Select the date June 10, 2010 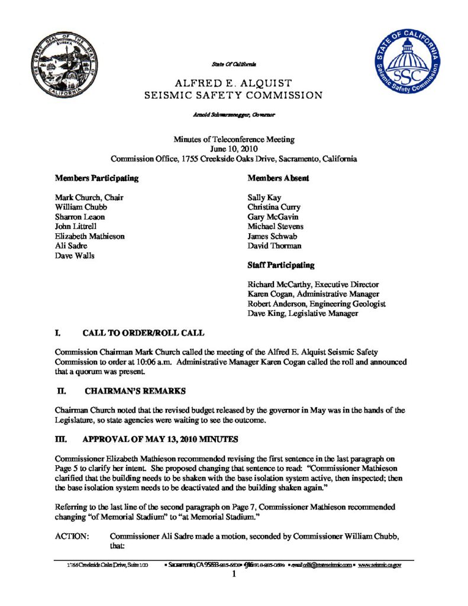pos(234,149)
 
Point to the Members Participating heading pos(97,178)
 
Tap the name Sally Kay pos(264,197)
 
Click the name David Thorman pos(275,245)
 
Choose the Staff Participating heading pos(281,265)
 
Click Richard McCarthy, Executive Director pos(313,285)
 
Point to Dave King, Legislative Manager pos(302,314)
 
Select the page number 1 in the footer pos(234,573)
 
